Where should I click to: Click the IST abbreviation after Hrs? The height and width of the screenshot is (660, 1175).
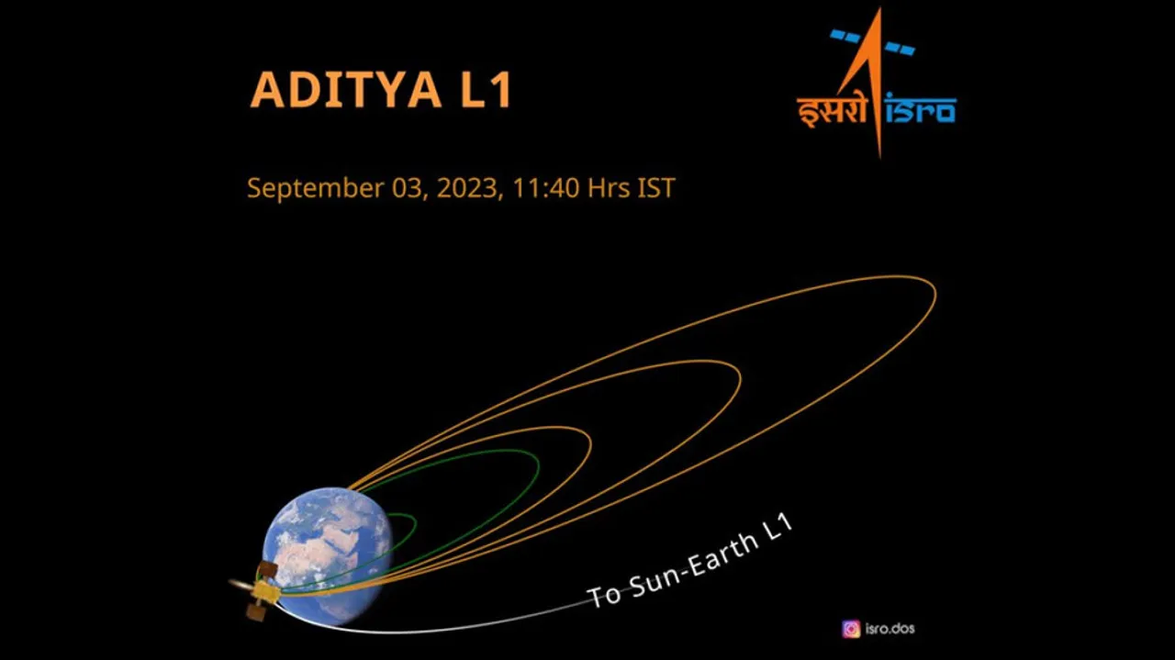pos(655,188)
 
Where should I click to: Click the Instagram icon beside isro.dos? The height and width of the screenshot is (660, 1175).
pos(851,629)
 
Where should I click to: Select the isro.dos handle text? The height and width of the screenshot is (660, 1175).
pos(890,629)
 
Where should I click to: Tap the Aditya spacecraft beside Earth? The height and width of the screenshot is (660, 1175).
pos(261,588)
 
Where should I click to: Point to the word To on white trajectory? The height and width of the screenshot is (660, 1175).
pos(604,595)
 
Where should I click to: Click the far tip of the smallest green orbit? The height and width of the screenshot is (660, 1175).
pos(415,521)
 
